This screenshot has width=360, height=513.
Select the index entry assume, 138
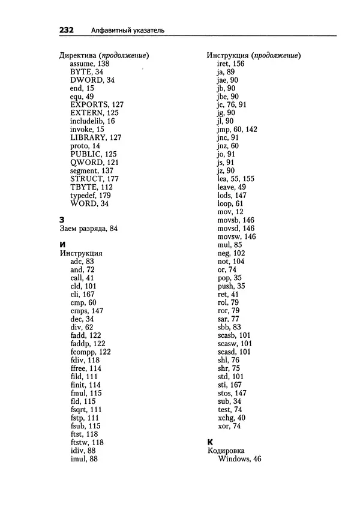[90, 63]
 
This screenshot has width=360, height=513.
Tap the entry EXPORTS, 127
[97, 104]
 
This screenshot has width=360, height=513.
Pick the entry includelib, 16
[92, 121]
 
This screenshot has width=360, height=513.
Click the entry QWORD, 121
[94, 163]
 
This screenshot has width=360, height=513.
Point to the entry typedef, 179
[91, 196]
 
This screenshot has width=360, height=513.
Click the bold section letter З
[62, 220]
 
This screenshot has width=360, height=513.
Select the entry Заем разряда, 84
[89, 229]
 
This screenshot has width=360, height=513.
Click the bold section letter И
[62, 245]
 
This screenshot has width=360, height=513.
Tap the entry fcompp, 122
[90, 352]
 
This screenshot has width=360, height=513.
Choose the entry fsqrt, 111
[86, 409]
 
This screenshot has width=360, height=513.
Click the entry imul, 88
[84, 459]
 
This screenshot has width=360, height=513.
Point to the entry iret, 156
[231, 63]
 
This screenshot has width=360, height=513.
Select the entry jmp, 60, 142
[237, 129]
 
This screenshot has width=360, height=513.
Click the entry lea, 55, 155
[236, 179]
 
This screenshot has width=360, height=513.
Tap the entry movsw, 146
[236, 236]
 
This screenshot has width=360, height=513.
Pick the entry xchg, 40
[231, 418]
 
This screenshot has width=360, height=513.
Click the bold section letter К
[209, 442]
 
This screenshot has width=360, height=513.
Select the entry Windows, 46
[239, 459]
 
